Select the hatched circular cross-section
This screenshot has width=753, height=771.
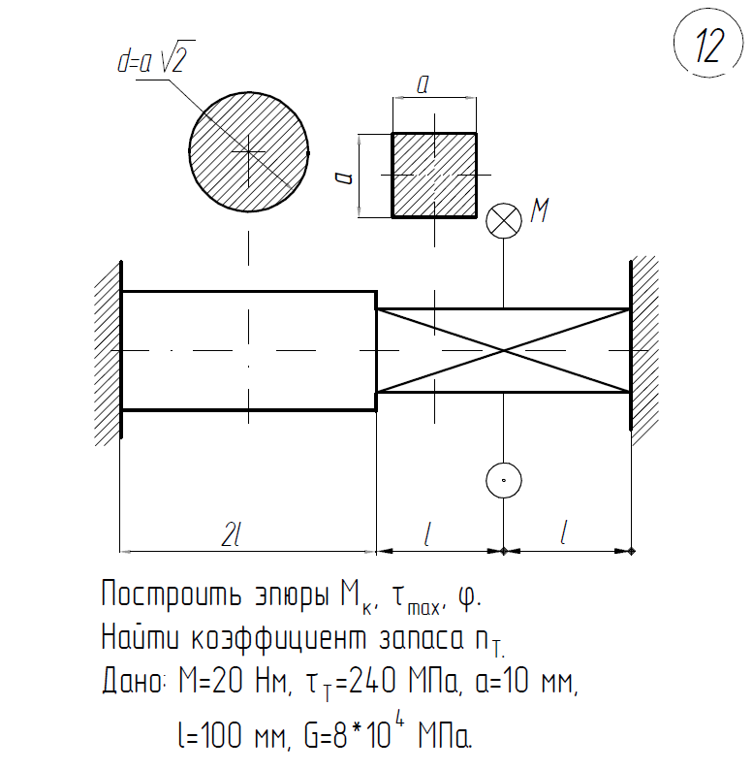coord(249,151)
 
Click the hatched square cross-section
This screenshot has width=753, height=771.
coord(433,175)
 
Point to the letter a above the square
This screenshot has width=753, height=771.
coord(423,85)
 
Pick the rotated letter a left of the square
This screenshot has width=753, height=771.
coord(341,176)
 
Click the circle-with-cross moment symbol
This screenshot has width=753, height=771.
coord(503,219)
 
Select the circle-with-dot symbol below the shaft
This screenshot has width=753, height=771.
coord(503,478)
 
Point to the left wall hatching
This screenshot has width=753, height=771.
coord(106,349)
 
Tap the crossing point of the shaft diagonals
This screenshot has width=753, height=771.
coord(503,350)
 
